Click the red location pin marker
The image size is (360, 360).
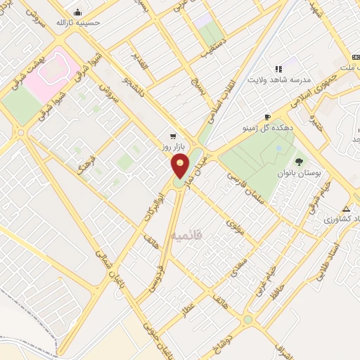[x=181, y=166]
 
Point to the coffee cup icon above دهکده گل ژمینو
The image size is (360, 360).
[x=267, y=117]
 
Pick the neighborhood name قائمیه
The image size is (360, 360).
[x=186, y=236]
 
